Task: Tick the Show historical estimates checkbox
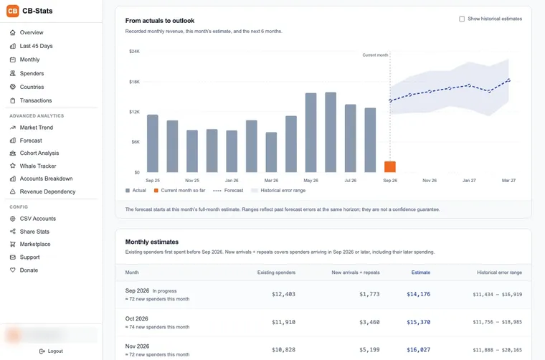click(462, 19)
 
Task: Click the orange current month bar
click(390, 167)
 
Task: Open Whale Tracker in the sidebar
click(38, 166)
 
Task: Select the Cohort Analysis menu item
click(39, 153)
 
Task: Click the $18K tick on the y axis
click(134, 82)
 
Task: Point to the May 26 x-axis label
click(311, 181)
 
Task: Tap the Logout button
click(51, 351)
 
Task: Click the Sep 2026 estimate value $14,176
click(419, 294)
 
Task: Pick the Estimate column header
click(421, 273)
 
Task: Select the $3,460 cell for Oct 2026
click(369, 322)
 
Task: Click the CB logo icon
click(13, 11)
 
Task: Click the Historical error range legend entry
click(278, 191)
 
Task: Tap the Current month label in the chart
click(375, 55)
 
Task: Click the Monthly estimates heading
click(152, 242)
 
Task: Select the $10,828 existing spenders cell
click(284, 350)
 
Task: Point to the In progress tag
click(164, 291)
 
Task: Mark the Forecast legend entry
click(228, 191)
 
